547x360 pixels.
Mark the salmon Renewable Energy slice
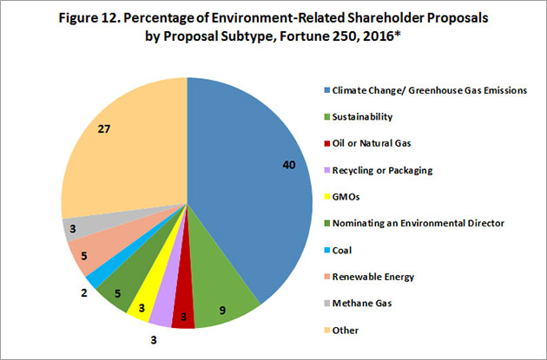[83, 252]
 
